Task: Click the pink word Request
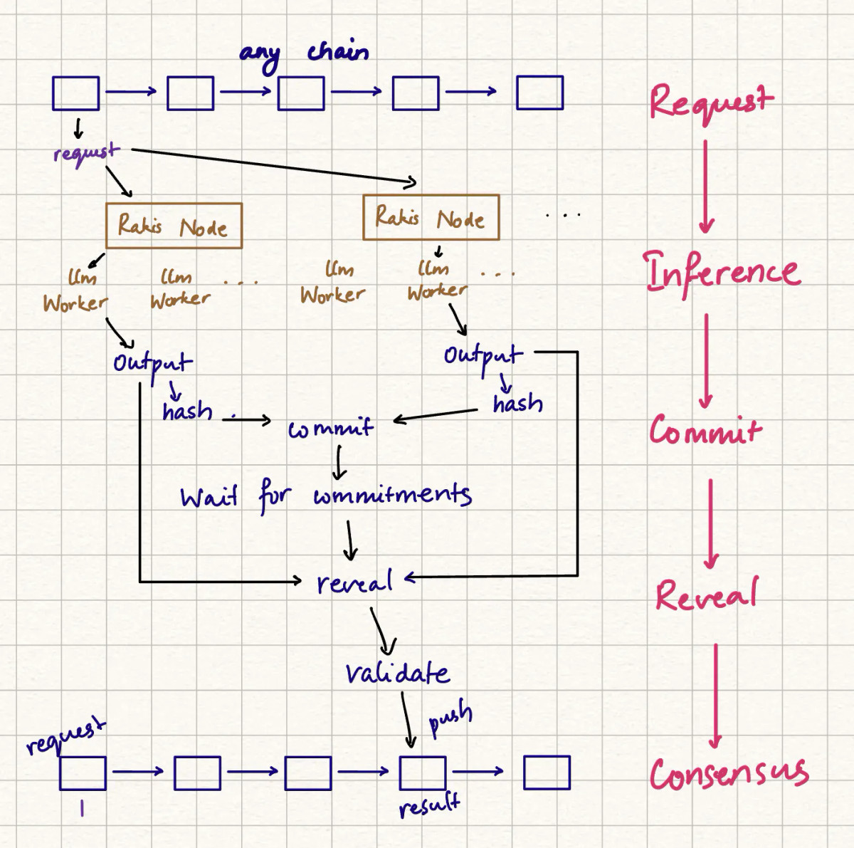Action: point(710,101)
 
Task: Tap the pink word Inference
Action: point(722,273)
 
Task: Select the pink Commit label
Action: point(704,431)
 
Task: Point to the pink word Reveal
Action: point(706,595)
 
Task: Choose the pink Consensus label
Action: point(729,774)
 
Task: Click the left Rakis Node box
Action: point(174,226)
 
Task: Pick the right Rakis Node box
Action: point(431,217)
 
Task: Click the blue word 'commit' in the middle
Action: point(330,429)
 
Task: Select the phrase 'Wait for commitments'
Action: point(325,496)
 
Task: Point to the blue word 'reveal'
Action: point(354,583)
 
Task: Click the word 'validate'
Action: point(397,673)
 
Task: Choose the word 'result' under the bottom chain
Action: point(428,806)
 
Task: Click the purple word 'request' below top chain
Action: point(85,152)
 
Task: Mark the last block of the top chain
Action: point(539,93)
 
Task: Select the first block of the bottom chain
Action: point(83,773)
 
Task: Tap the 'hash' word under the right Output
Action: point(517,404)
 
